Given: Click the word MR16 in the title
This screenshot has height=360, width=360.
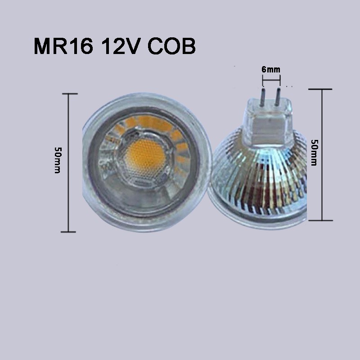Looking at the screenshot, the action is click(63, 46).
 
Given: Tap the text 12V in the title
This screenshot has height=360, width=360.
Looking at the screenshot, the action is click(121, 46).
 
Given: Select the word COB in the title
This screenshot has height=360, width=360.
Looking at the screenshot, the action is click(171, 46).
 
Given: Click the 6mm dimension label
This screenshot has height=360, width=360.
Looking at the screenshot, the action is click(271, 69).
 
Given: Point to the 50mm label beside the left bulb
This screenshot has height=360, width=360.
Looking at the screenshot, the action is click(58, 160).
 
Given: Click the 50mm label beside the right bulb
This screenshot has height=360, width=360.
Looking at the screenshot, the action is click(314, 153).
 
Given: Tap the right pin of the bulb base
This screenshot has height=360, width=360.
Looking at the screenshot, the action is click(278, 97).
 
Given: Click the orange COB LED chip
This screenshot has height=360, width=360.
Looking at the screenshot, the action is click(145, 154).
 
